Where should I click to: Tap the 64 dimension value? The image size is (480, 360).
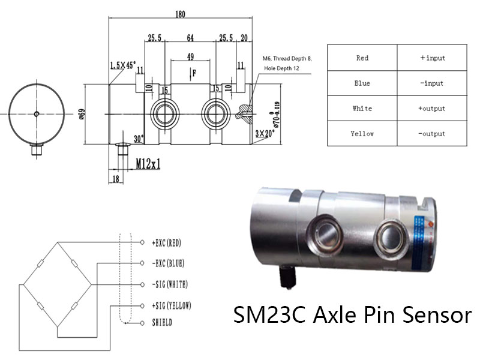coord(190,38)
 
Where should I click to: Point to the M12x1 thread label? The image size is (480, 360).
coord(148,164)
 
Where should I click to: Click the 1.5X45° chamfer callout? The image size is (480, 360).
coord(123,64)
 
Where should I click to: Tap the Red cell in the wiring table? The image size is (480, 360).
coord(362,58)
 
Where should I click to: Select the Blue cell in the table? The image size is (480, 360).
coord(362,83)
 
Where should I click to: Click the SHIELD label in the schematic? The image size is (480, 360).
coord(163,322)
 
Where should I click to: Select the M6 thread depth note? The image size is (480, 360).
coord(287,64)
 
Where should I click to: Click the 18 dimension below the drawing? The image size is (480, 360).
coord(114,179)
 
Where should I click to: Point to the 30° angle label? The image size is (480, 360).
coord(139,139)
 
